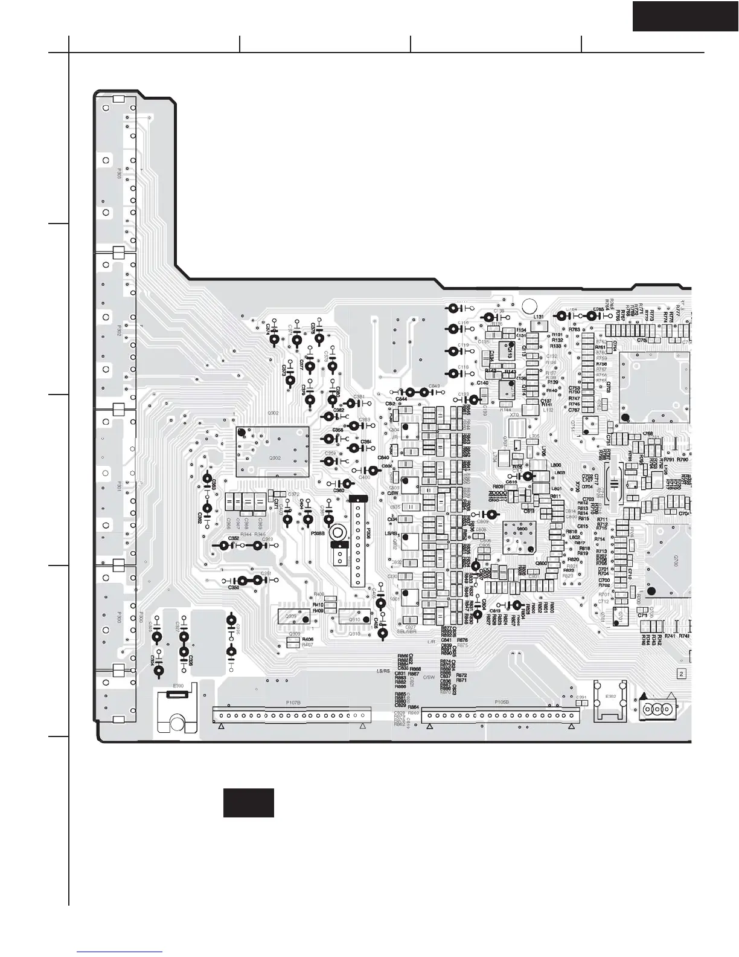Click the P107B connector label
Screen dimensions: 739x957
coord(293,703)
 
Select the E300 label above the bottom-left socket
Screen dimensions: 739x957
coord(178,686)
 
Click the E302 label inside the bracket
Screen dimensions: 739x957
coord(610,696)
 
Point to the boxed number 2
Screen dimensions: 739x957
coord(682,673)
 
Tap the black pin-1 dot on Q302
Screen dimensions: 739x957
coord(242,432)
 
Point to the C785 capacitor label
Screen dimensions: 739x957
coord(598,309)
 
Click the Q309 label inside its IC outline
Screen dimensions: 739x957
coord(290,617)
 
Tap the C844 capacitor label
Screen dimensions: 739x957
coord(401,399)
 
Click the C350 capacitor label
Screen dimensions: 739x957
coord(234,587)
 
